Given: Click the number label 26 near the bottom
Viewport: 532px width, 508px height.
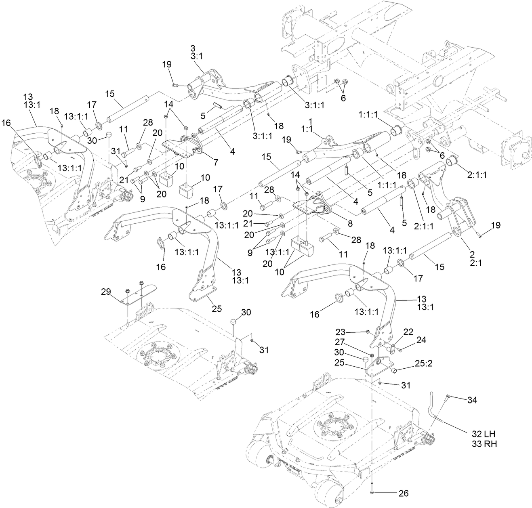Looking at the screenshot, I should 403,493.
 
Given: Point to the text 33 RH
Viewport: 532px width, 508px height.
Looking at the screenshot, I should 484,444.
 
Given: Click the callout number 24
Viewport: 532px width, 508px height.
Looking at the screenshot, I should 421,340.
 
